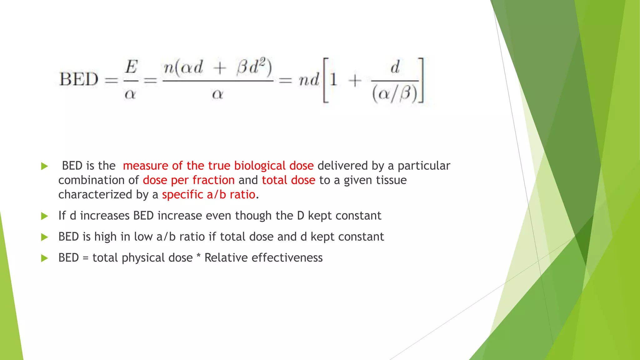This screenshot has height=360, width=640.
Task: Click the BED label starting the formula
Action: (x=79, y=79)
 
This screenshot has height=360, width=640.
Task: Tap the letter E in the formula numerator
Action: (x=131, y=67)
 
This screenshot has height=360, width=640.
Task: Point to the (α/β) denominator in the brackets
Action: (x=395, y=93)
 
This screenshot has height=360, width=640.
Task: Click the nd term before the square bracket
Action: (x=309, y=80)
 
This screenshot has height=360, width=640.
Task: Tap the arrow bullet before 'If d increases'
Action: (x=45, y=216)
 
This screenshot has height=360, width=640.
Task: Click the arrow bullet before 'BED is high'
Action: (x=45, y=237)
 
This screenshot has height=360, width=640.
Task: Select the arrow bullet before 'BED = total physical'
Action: (x=45, y=258)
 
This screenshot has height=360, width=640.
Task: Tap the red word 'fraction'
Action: (x=213, y=180)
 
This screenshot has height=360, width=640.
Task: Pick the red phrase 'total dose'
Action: (x=288, y=180)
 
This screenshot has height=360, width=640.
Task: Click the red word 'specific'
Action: (x=182, y=195)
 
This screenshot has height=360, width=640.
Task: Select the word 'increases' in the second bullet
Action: (x=105, y=216)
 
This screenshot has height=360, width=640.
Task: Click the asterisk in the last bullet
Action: (x=198, y=257)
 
